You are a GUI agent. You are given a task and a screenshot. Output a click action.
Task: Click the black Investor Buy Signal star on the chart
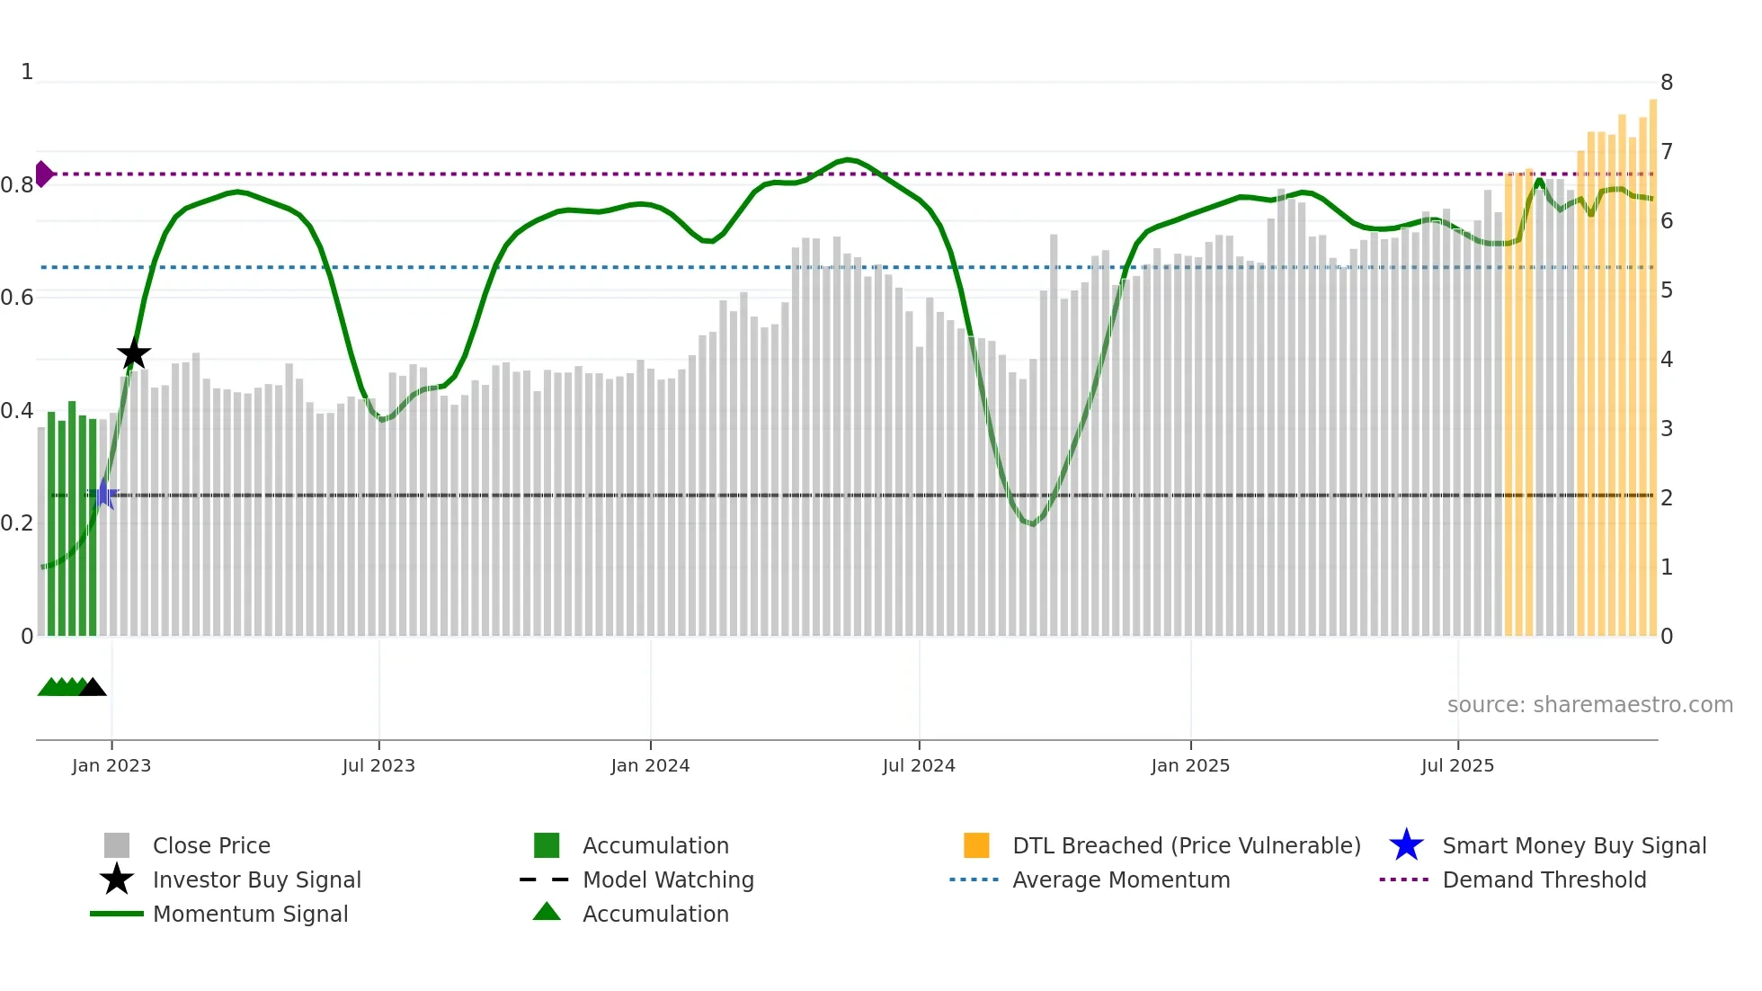tap(134, 354)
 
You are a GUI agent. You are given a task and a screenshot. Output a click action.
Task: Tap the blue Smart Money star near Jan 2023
tap(103, 495)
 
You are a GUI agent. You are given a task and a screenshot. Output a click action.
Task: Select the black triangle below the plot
tap(93, 688)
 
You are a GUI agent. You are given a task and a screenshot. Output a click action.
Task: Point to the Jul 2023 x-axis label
tap(378, 765)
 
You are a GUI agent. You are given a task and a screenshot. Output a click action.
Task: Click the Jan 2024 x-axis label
tap(650, 765)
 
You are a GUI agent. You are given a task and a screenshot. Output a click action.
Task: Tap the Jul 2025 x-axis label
tap(1457, 765)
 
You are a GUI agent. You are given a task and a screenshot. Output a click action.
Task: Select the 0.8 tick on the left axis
tap(17, 185)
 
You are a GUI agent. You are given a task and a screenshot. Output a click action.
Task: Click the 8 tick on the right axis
tap(1666, 83)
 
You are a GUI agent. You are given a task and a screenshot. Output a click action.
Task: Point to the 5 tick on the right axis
tap(1666, 290)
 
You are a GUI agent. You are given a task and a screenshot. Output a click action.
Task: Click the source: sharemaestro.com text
tap(1589, 705)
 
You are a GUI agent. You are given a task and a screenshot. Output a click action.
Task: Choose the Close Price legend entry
tap(211, 845)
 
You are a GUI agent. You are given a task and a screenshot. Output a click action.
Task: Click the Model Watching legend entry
tap(667, 879)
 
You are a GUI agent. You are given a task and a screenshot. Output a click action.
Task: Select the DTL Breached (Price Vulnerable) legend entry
tap(1186, 845)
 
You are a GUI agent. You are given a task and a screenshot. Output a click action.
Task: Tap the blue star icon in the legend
tap(1406, 845)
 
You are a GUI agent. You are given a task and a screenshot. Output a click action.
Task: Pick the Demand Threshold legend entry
tap(1544, 879)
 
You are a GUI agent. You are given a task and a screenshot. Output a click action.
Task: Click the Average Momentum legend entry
tap(1120, 879)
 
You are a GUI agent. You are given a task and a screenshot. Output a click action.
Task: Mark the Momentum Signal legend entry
tap(250, 914)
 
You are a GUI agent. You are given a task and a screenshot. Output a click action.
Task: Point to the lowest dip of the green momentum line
tap(1033, 523)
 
